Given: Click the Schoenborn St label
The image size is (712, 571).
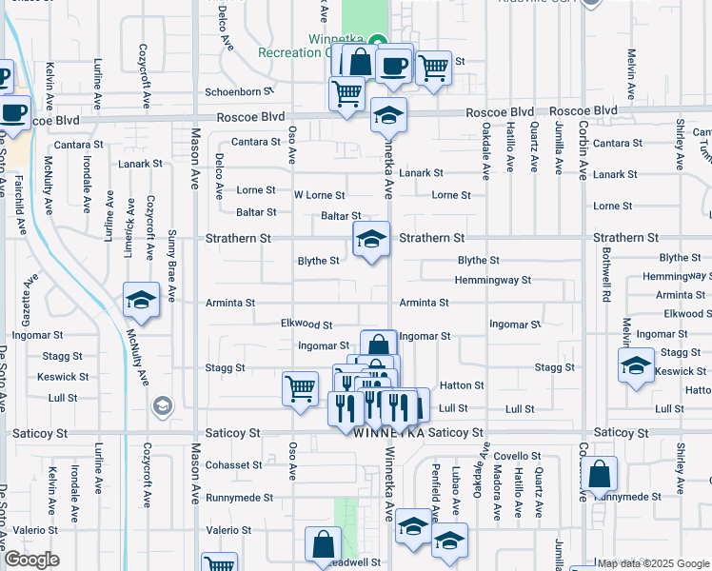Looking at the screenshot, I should pos(240,92).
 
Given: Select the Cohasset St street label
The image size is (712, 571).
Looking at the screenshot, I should pos(233,465).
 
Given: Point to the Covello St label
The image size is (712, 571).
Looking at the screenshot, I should pos(517,456).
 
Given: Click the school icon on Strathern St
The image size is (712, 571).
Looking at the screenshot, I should pos(371,238).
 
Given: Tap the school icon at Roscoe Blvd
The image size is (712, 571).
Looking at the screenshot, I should pos(388,114).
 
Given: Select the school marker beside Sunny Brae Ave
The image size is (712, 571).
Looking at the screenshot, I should pos(142,301).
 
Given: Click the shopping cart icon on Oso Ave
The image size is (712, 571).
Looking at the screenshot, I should pos(300,388).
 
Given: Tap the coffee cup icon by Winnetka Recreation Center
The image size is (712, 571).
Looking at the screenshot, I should pos(393,66).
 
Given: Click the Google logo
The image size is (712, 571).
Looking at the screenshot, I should pos(31,560).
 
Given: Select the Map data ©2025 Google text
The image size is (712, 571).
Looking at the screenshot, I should pos(652,563).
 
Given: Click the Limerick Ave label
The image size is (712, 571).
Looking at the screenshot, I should pos(129,228).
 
